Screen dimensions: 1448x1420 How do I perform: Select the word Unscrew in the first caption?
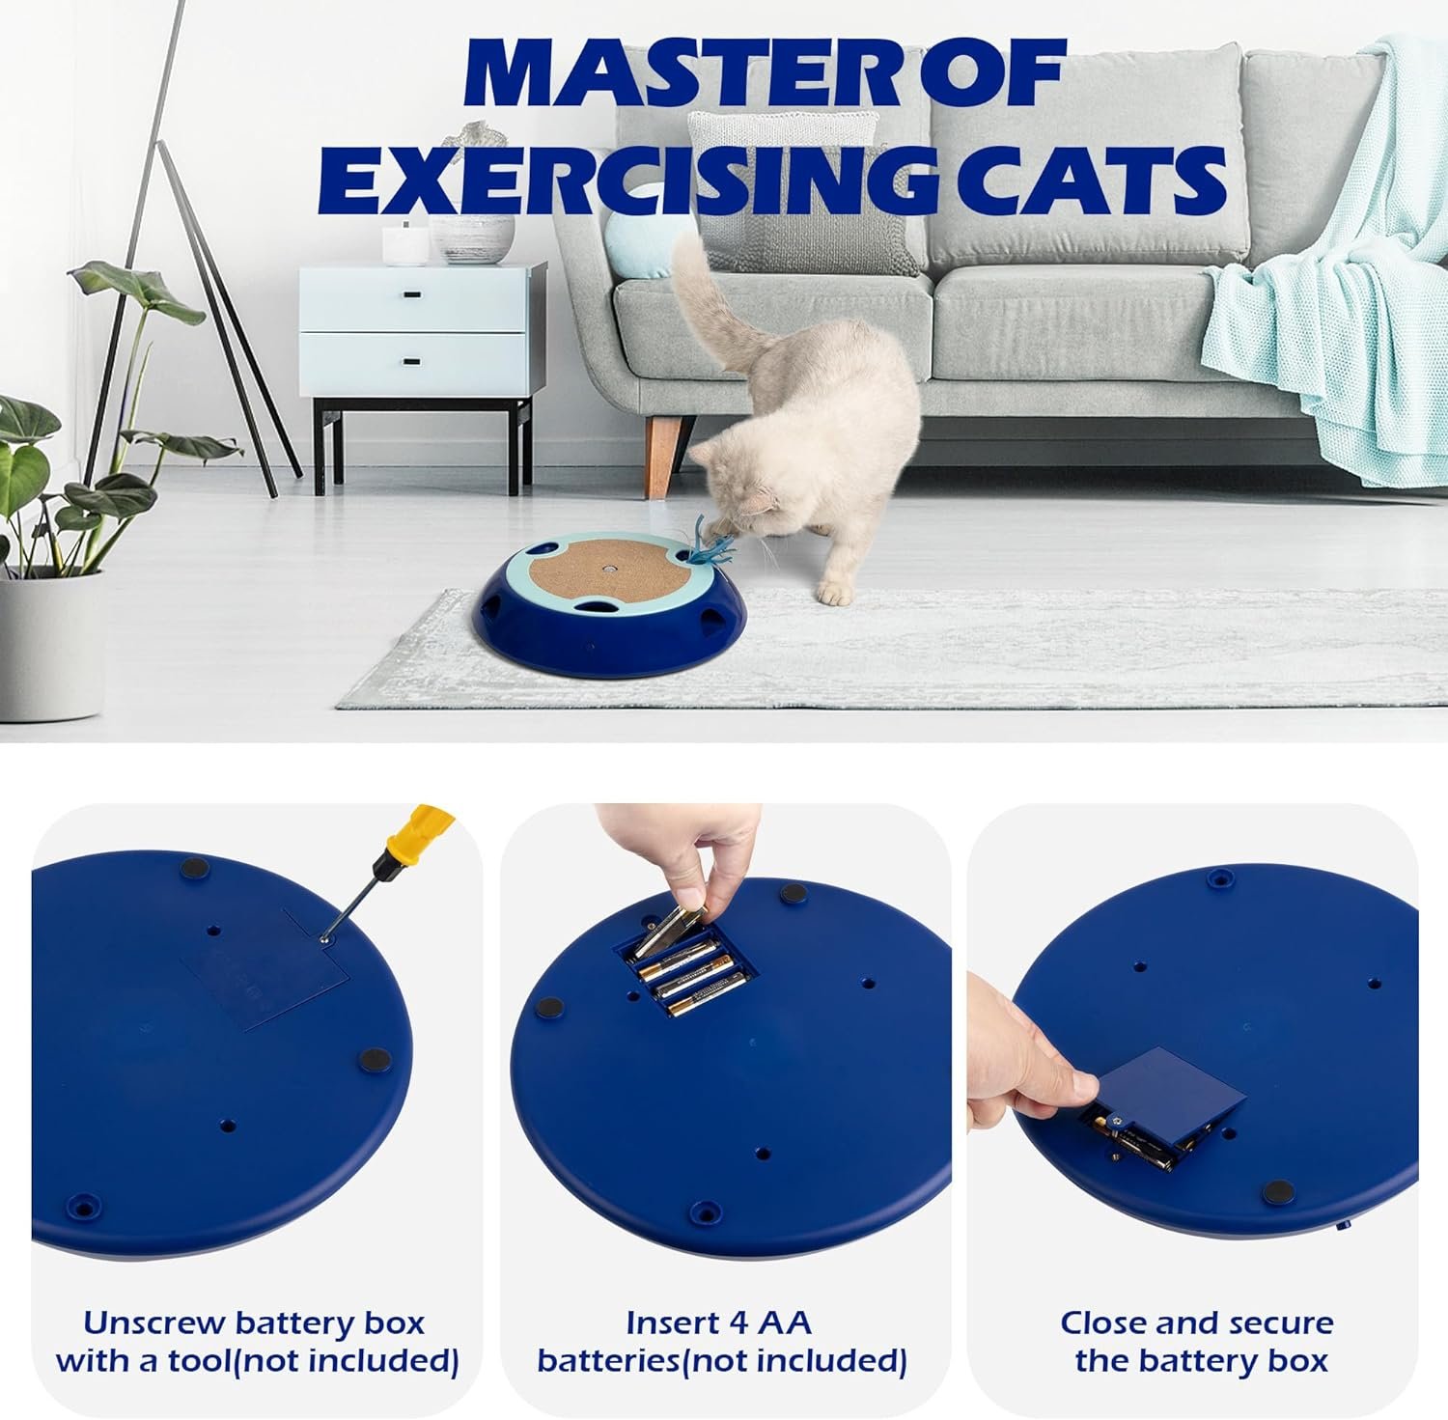153,1322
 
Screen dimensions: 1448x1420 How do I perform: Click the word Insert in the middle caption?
667,1322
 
